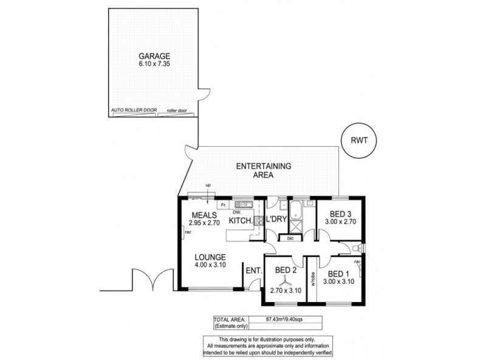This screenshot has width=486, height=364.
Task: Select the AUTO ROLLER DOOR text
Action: (134, 110)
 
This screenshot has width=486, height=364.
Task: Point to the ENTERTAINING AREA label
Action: (264, 170)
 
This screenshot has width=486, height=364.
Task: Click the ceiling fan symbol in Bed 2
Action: (282, 281)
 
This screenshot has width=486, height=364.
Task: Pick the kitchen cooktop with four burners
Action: (248, 223)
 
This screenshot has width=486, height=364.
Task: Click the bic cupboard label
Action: (290, 238)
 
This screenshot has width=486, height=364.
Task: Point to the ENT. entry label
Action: (252, 271)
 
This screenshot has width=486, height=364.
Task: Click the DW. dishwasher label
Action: (238, 212)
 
